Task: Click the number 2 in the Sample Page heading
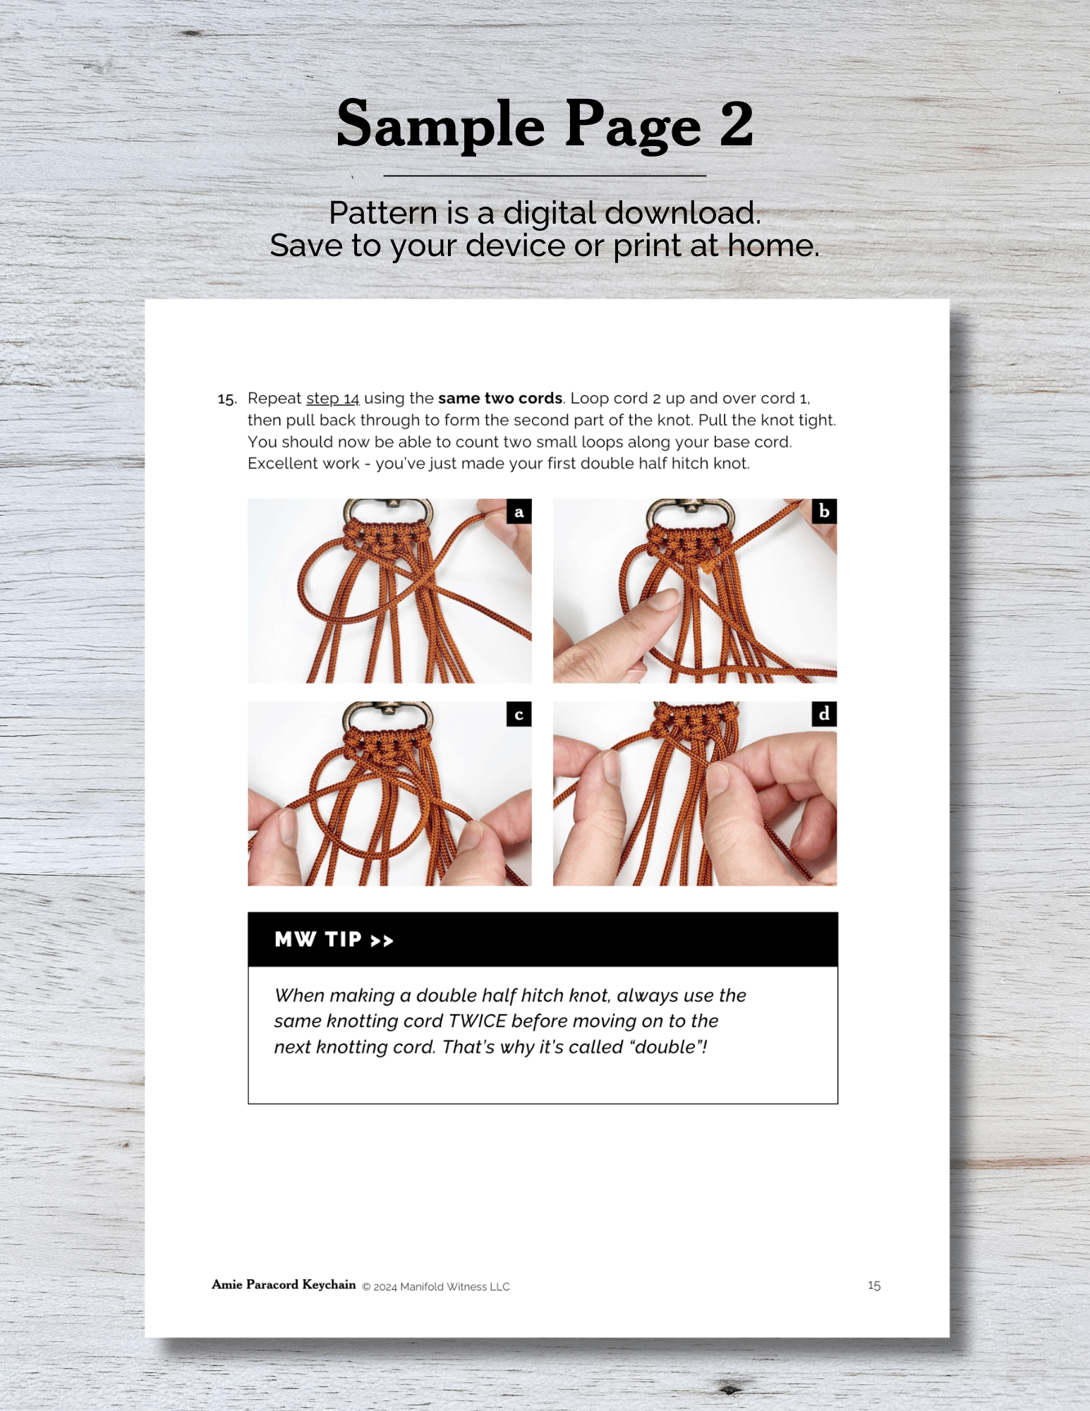pyautogui.click(x=737, y=124)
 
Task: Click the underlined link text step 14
pyautogui.click(x=333, y=399)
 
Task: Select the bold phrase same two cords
pyautogui.click(x=500, y=398)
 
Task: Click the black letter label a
pyautogui.click(x=519, y=511)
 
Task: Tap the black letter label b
pyautogui.click(x=824, y=511)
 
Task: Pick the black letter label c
pyautogui.click(x=519, y=714)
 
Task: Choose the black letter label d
pyautogui.click(x=824, y=714)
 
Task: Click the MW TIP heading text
pyautogui.click(x=334, y=940)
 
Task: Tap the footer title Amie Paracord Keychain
pyautogui.click(x=284, y=1285)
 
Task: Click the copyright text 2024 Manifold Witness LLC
pyautogui.click(x=442, y=1287)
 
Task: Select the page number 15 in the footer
pyautogui.click(x=874, y=1285)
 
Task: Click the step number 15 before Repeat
pyautogui.click(x=227, y=399)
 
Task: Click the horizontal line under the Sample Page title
pyautogui.click(x=545, y=175)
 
